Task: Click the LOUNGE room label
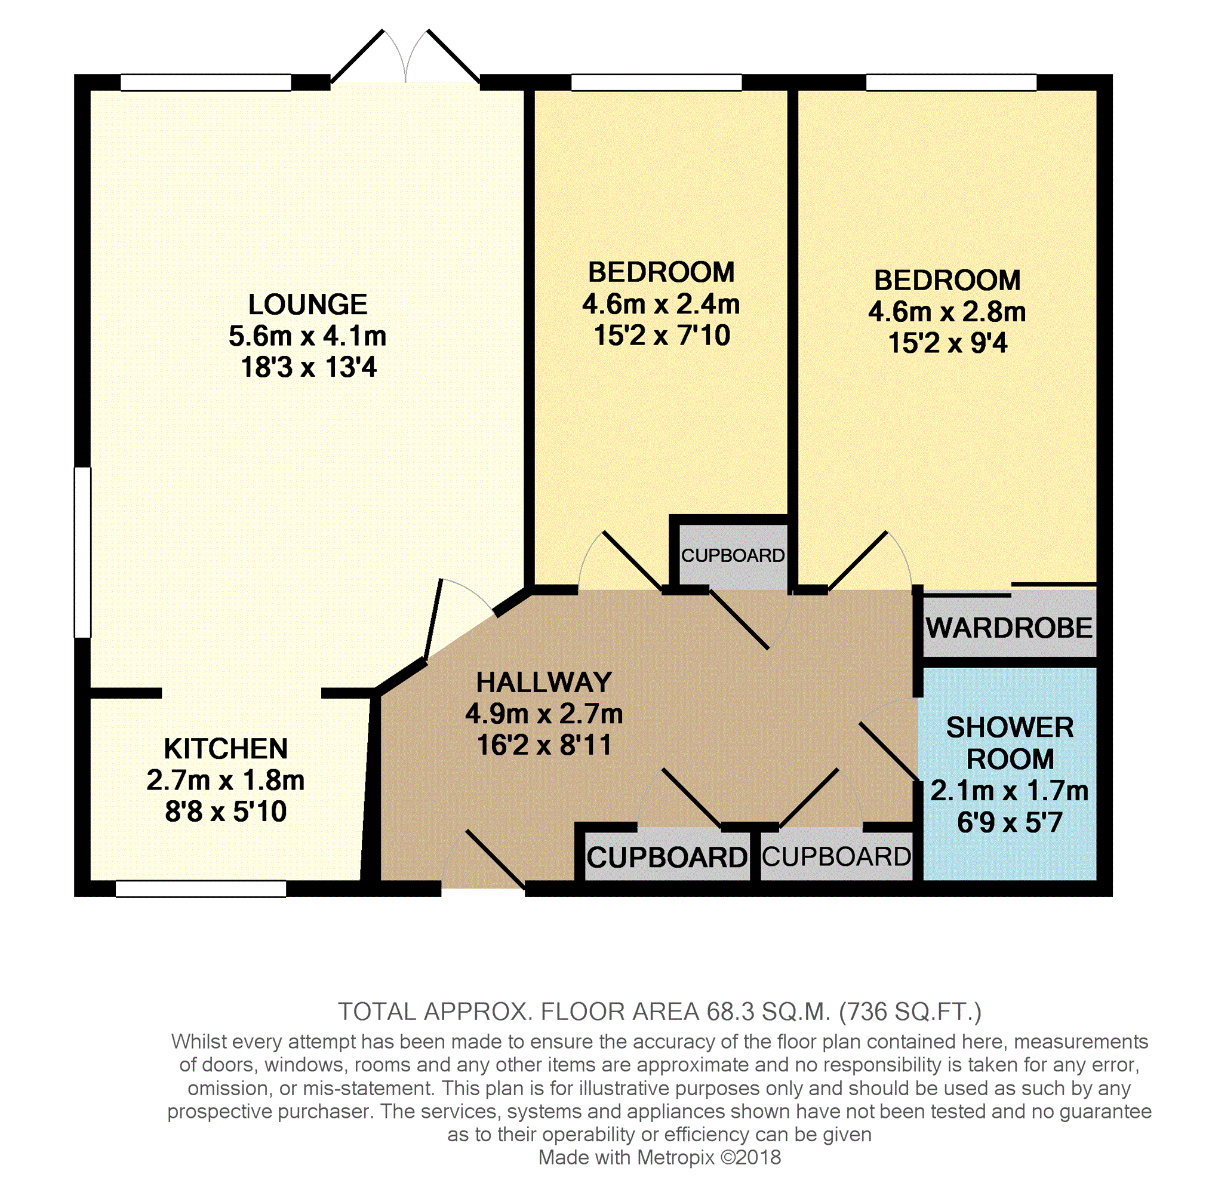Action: [x=307, y=304]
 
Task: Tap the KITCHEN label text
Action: [x=226, y=749]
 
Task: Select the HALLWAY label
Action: [x=544, y=682]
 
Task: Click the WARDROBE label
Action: [x=1010, y=628]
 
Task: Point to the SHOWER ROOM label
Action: [x=1010, y=743]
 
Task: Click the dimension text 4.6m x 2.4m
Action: [x=661, y=304]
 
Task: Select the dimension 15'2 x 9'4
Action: [x=947, y=343]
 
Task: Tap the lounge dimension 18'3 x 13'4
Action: [x=308, y=367]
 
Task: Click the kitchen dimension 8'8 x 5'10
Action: [x=226, y=812]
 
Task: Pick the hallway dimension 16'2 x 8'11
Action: [x=544, y=745]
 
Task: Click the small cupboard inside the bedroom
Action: [x=733, y=556]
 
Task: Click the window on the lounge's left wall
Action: [x=83, y=552]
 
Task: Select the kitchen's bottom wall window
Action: [x=200, y=889]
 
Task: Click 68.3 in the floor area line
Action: [x=731, y=1012]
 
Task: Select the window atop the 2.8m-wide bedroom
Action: [x=950, y=82]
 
